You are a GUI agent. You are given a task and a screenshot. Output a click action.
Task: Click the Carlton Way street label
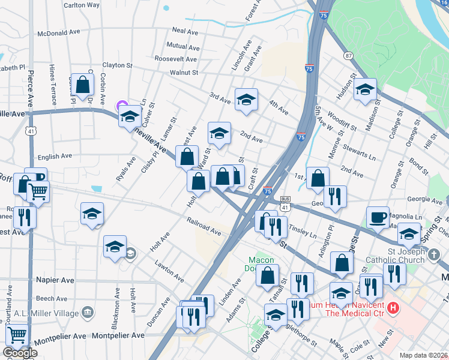tap(82, 5)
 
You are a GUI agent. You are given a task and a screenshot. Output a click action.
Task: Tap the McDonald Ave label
tap(58, 34)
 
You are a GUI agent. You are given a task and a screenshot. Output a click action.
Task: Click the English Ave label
tap(55, 157)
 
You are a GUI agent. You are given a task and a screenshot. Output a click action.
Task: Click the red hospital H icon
tap(393, 308)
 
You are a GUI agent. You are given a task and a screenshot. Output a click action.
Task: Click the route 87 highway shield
tap(348, 56)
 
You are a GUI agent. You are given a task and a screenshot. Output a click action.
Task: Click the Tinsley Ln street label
tap(303, 232)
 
